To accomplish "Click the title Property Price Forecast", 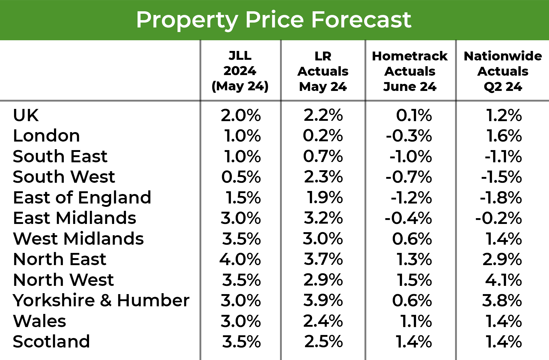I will coord(274,20).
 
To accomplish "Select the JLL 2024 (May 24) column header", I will coord(240,71).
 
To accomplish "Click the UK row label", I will coord(26,115).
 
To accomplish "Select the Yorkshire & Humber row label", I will coord(101,300).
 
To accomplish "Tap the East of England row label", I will coord(82,197).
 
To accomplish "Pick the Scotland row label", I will coord(51,341).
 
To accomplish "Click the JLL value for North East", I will coord(240,259).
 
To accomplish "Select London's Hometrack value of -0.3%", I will coord(409,136).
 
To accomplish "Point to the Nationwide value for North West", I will coord(504,280).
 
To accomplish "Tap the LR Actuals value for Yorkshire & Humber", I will coord(323,300).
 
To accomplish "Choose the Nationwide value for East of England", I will coord(501,198).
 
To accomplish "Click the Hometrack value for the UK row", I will coord(414,115).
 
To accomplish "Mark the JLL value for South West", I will coord(241,177).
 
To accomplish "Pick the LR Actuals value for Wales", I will coord(323,321).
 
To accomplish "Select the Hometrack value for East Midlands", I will coord(408,218).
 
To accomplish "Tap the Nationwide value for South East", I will coord(503,157).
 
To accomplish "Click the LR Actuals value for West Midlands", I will coord(323,239).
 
